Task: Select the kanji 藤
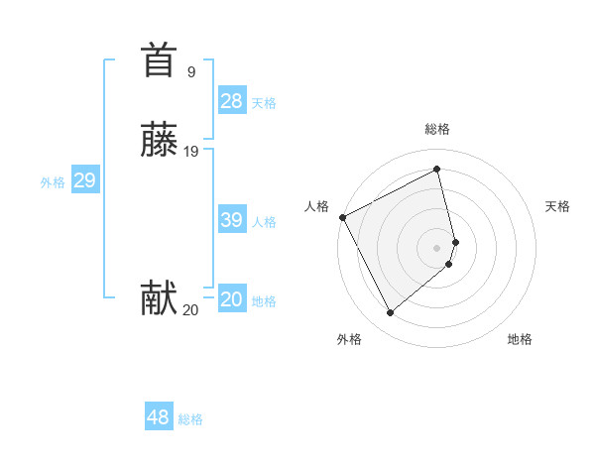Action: coord(159,141)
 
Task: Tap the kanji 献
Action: coord(159,298)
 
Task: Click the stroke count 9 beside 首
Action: coord(190,71)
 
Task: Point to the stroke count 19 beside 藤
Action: coord(191,152)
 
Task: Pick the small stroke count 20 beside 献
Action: coord(190,310)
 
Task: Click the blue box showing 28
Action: coord(232,100)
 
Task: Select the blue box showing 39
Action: coord(232,220)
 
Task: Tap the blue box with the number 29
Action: coord(84,180)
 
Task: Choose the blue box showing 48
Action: coord(159,417)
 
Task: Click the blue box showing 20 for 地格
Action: coord(232,299)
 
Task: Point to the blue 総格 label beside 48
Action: coord(190,419)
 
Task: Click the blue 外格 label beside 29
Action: coord(53,182)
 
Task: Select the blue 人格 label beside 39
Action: coord(265,222)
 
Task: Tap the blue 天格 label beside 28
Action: coord(264,103)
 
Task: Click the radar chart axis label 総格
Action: coord(437,129)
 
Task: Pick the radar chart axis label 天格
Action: coord(557,206)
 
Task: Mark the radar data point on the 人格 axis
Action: coord(342,217)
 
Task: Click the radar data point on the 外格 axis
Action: coord(390,313)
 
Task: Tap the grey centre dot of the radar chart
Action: coord(437,247)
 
